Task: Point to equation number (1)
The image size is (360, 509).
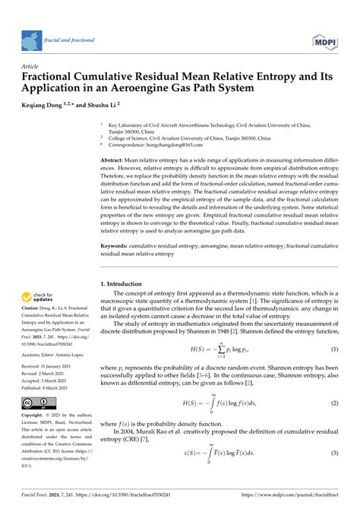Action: click(x=333, y=327)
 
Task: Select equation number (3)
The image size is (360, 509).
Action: click(x=333, y=453)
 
